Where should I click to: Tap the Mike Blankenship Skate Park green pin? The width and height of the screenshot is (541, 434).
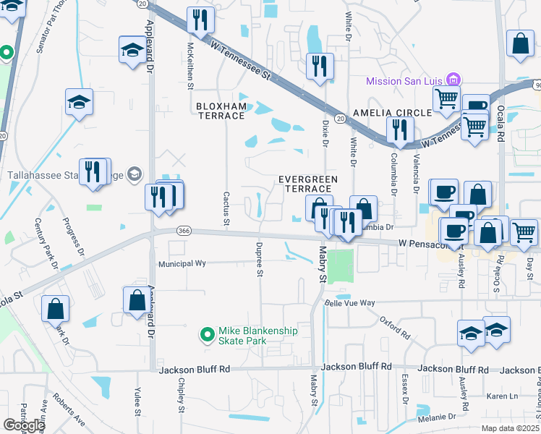pos(207,333)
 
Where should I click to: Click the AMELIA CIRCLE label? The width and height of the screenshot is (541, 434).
pos(391,113)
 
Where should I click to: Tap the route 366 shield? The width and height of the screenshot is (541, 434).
pos(184,231)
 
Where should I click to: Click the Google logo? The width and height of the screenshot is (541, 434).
pos(24,425)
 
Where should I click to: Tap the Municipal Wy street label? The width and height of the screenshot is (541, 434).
pos(182,264)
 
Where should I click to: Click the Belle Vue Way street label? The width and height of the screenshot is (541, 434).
pos(349,303)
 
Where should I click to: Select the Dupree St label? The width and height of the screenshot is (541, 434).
pos(259,259)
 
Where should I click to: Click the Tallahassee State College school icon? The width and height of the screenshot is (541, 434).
pos(134,174)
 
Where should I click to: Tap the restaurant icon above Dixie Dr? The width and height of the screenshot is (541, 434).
pos(319,66)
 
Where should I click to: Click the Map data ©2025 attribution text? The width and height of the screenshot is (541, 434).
pos(511,428)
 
